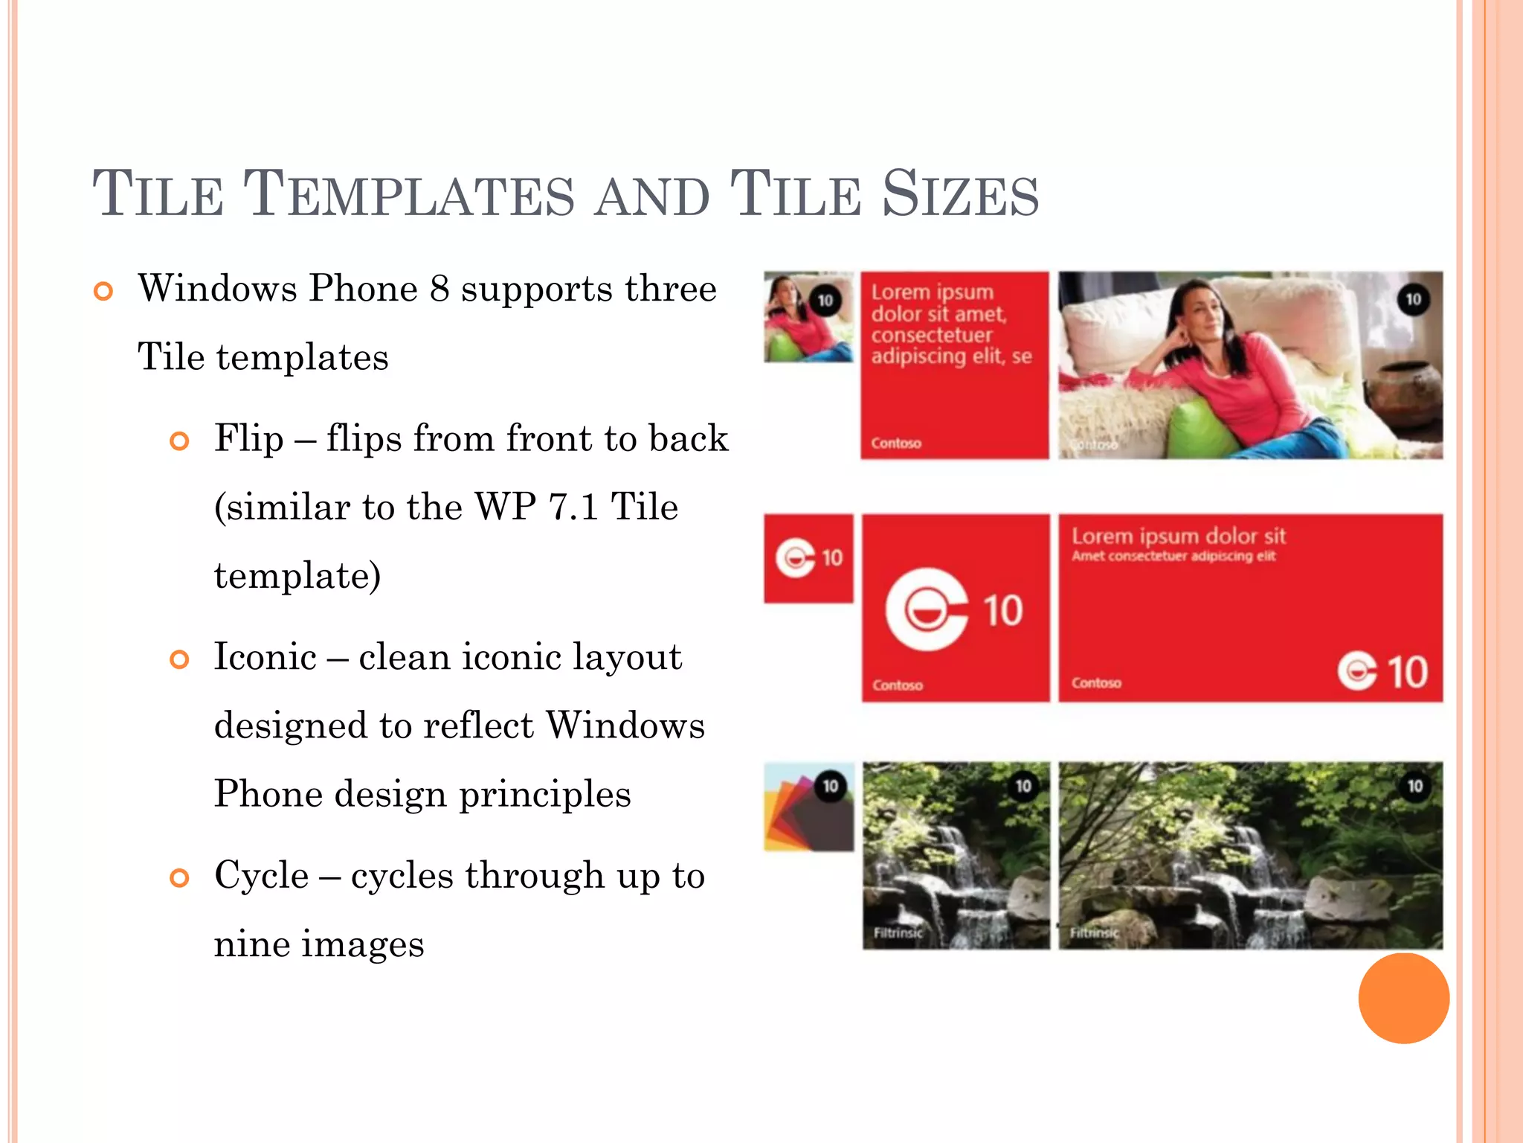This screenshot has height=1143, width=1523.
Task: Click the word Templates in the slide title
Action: (x=409, y=194)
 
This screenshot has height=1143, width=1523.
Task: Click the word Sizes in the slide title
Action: (x=960, y=194)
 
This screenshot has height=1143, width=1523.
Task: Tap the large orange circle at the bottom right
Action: (x=1403, y=998)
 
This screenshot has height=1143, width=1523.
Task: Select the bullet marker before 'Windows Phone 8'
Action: (x=104, y=291)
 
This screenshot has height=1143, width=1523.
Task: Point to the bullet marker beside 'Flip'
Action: (x=179, y=441)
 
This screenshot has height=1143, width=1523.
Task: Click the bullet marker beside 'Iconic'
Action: (x=179, y=659)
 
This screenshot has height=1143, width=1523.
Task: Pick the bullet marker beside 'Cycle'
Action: (x=179, y=878)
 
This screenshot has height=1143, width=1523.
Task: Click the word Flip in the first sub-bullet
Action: (x=249, y=438)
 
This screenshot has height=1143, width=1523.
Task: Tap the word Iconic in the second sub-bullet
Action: (x=265, y=656)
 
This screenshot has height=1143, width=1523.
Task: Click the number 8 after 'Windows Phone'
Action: (x=439, y=289)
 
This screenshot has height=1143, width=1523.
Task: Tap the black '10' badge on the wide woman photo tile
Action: (x=1413, y=300)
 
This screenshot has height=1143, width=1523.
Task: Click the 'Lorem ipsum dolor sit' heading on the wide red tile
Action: (x=1178, y=537)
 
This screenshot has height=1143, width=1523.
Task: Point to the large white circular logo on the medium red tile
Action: (x=927, y=610)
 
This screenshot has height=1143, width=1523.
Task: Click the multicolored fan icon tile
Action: (x=808, y=807)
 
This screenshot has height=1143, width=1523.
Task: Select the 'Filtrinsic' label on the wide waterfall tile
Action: (x=1094, y=932)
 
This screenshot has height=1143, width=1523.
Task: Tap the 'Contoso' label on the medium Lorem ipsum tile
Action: (x=896, y=444)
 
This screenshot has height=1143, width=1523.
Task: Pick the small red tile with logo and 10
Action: (x=808, y=558)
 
